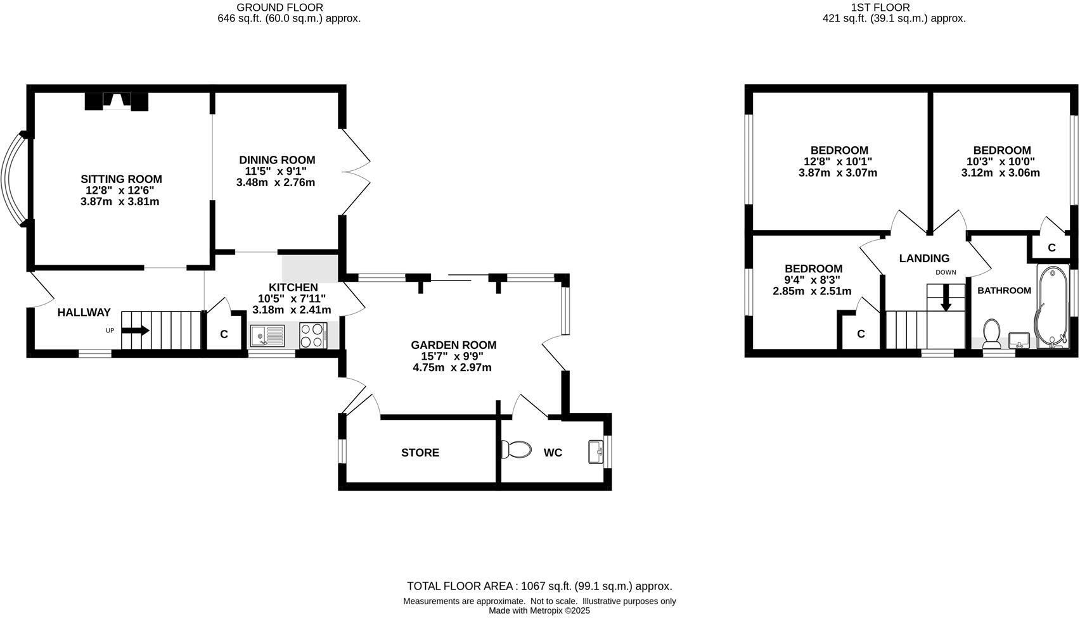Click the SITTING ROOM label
[x=121, y=179]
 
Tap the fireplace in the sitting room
[x=117, y=101]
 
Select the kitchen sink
[x=267, y=335]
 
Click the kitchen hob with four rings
[x=312, y=335]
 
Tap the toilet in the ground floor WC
[x=517, y=450]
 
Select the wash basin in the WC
[x=596, y=451]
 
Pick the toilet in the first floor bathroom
[x=991, y=332]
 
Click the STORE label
[x=420, y=453]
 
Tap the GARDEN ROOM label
[x=453, y=345]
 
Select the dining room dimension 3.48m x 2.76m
[x=276, y=183]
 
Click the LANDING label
[x=924, y=258]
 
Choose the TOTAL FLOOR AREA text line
[x=539, y=586]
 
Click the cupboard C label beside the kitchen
[x=224, y=334]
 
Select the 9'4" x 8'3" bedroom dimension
[x=813, y=280]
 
